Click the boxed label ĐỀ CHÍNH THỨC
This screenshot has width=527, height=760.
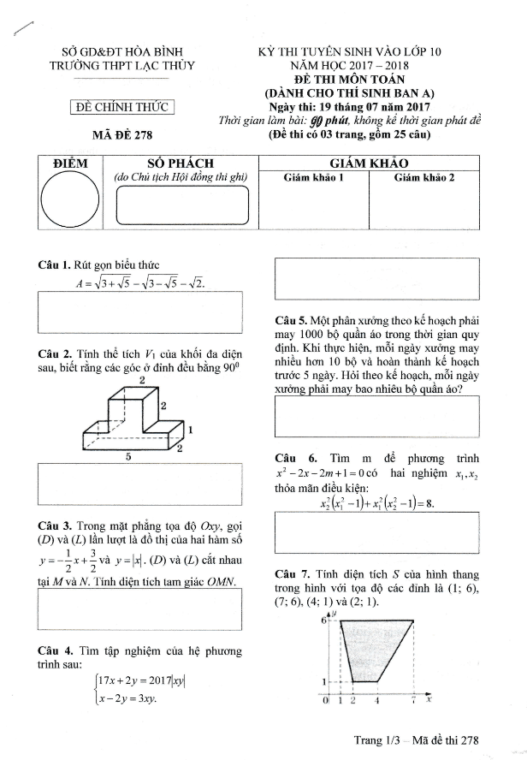[121, 107]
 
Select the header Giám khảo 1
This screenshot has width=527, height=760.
[313, 178]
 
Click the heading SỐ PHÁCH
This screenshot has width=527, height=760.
[180, 163]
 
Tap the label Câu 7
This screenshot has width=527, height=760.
[292, 573]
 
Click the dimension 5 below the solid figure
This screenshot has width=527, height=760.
[127, 457]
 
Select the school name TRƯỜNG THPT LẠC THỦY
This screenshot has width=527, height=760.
[122, 64]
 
